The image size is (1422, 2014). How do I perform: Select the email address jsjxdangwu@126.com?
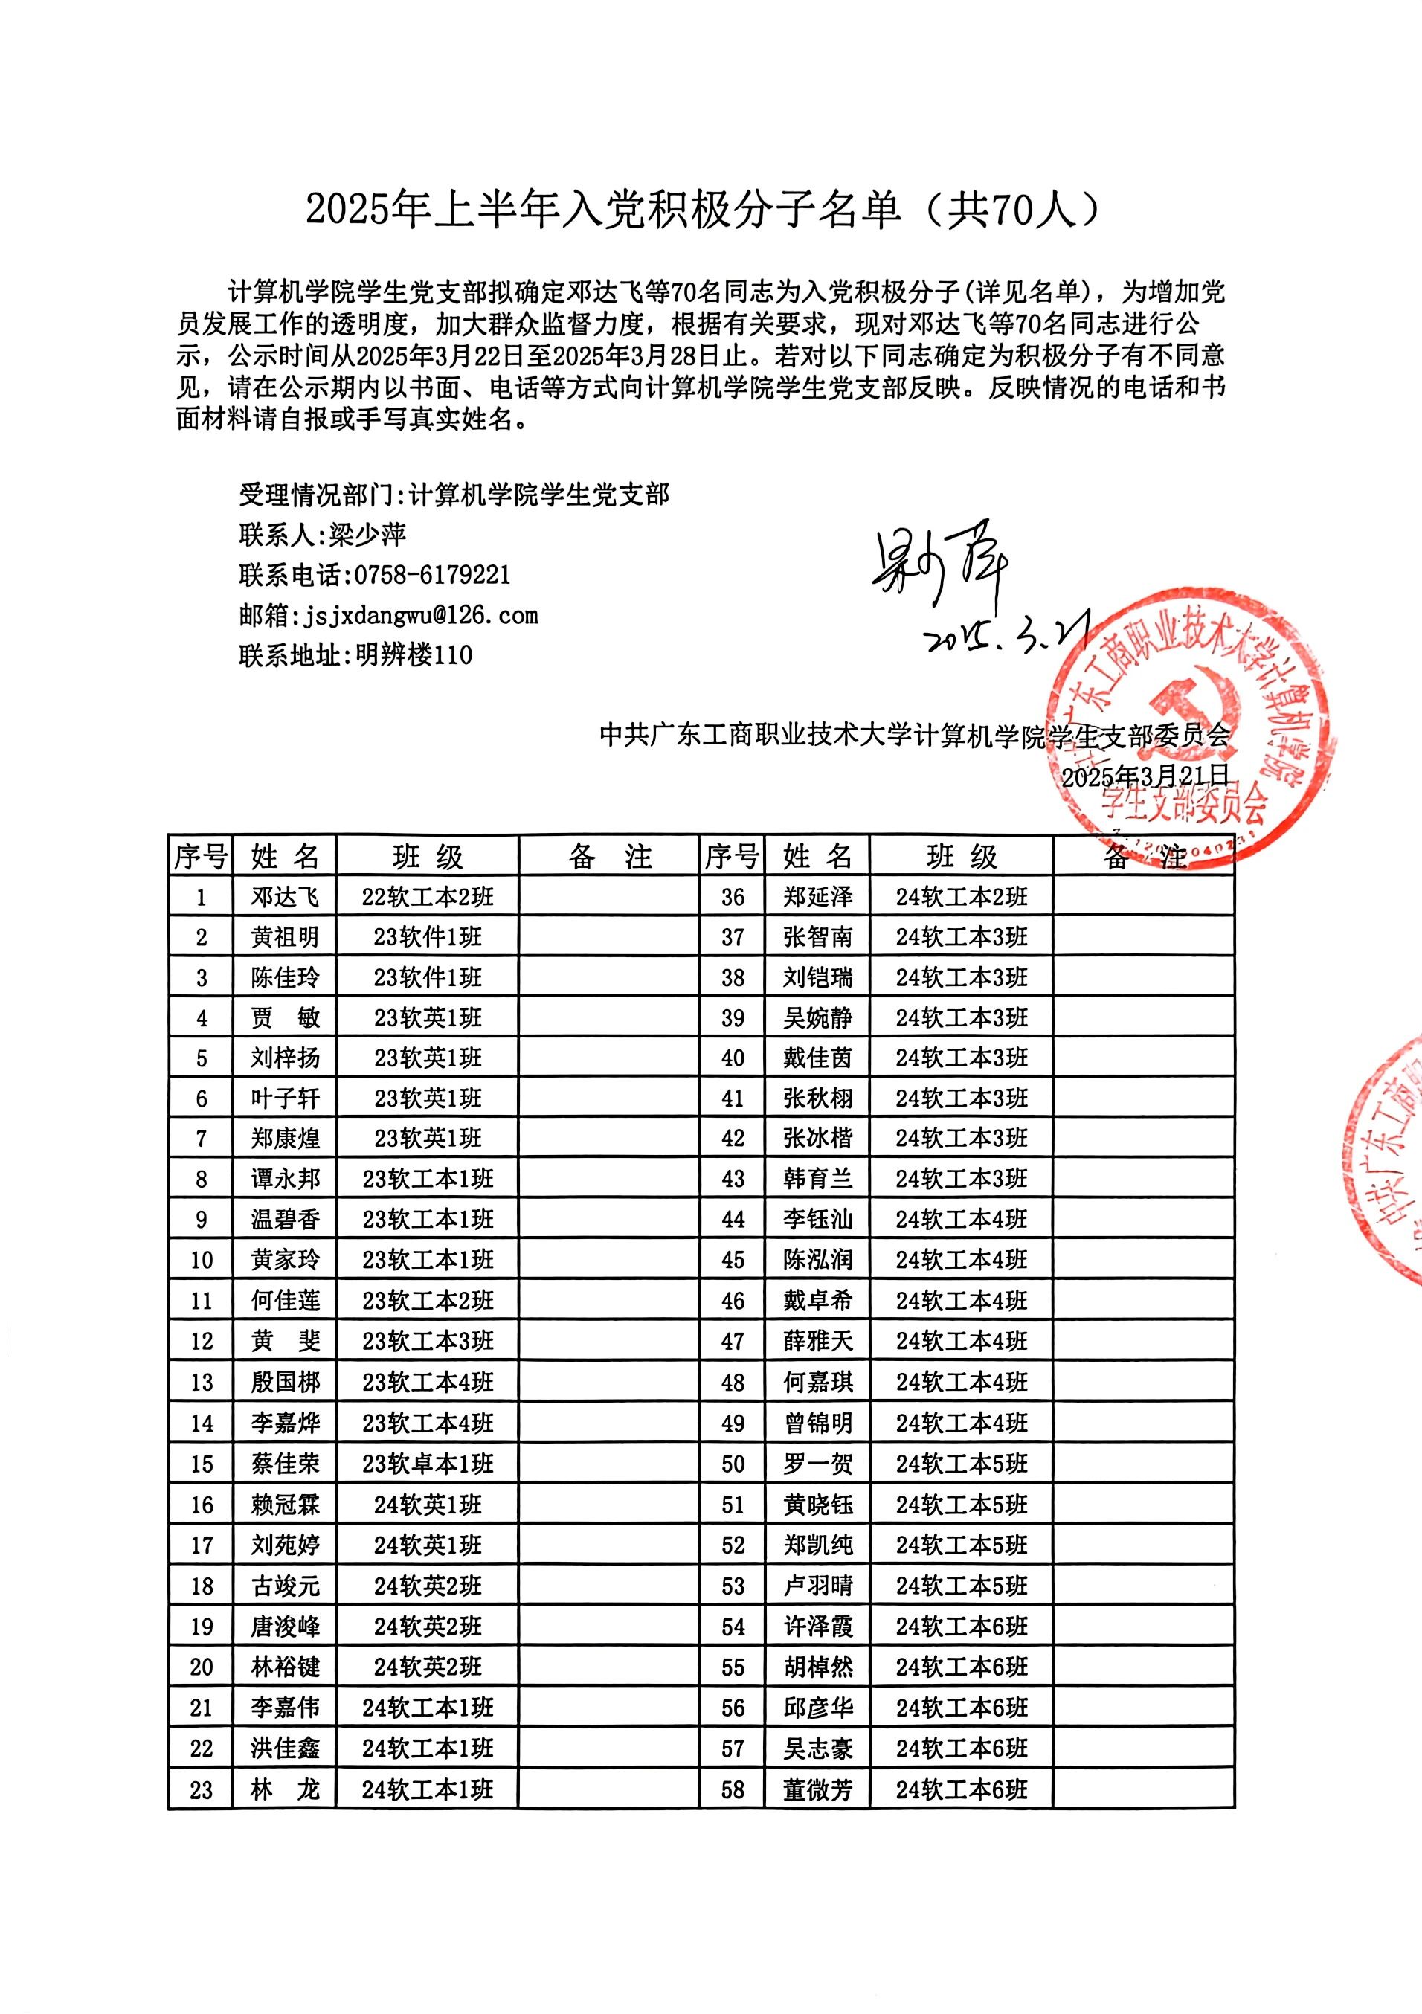click(420, 615)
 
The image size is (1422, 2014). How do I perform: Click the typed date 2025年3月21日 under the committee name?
click(1145, 776)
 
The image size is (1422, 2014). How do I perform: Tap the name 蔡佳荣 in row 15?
click(285, 1464)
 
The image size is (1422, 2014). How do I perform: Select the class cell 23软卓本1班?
click(428, 1464)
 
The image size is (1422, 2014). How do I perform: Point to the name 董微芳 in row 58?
click(817, 1789)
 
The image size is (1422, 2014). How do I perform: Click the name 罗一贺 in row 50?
click(817, 1464)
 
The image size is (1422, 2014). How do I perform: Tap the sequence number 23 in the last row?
click(201, 1789)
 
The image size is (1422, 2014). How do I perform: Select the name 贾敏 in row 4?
click(285, 1018)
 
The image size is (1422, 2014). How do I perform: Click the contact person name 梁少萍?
click(367, 535)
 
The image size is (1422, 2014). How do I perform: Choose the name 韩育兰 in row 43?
click(817, 1179)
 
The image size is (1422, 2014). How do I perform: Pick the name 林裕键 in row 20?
click(285, 1667)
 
